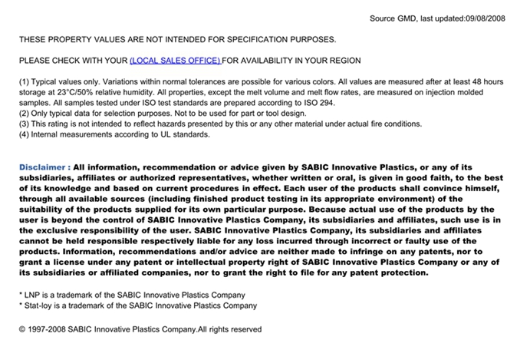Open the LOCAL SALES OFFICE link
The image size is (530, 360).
pyautogui.click(x=175, y=60)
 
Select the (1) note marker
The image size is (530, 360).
pyautogui.click(x=24, y=81)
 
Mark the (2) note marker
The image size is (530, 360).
pyautogui.click(x=24, y=113)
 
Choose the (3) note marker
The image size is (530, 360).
pyautogui.click(x=24, y=124)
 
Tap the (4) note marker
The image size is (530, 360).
pyautogui.click(x=24, y=134)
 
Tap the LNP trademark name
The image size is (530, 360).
pyautogui.click(x=33, y=295)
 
